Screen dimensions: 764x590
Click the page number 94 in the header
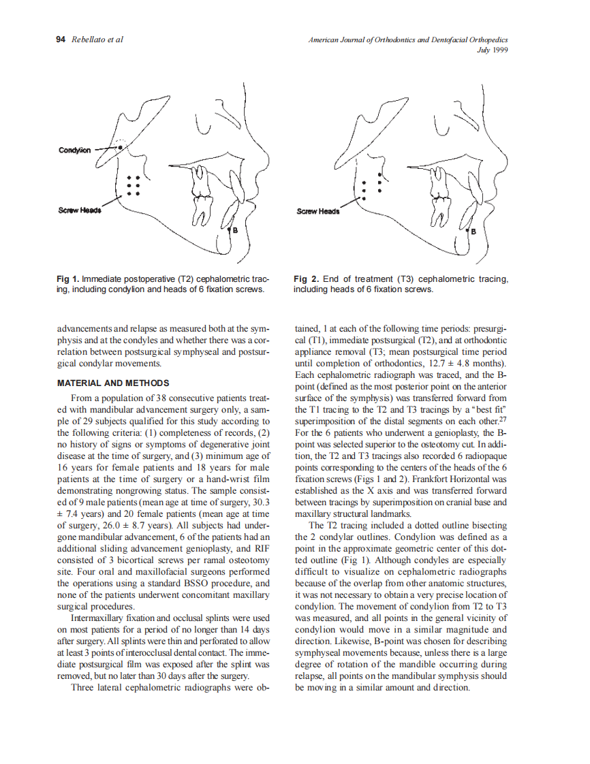tap(60, 39)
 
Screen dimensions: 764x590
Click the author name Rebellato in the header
tap(90, 39)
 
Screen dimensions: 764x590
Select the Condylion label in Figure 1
tap(74, 150)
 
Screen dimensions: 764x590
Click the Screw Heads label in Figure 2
tap(317, 211)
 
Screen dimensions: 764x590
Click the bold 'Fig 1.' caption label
tap(68, 279)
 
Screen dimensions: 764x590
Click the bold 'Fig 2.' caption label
tap(306, 279)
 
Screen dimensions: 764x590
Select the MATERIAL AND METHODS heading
tap(112, 383)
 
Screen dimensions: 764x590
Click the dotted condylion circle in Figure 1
tap(121, 146)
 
